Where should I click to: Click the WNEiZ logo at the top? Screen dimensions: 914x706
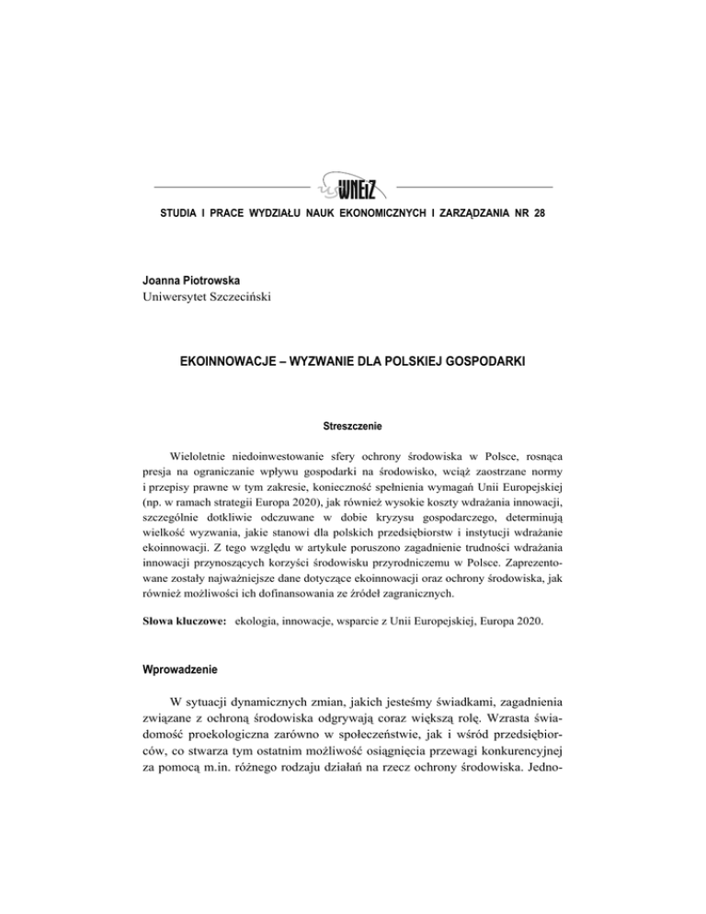[351, 189]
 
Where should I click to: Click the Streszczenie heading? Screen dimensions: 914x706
[352, 452]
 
